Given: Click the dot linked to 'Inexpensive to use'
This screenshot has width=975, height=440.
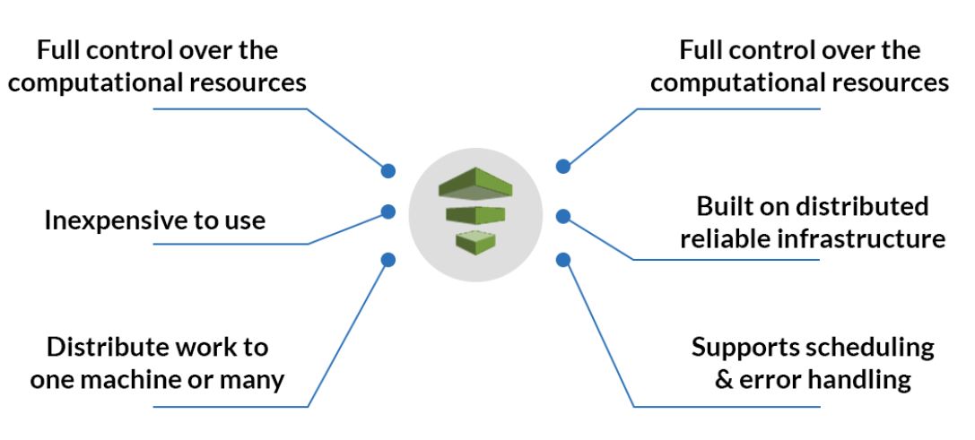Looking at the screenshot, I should [x=388, y=212].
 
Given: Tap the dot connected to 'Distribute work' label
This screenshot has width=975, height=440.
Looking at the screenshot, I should [x=388, y=260].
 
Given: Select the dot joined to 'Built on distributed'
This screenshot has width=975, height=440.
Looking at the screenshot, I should [x=563, y=216].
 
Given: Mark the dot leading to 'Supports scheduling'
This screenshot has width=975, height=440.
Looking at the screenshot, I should [x=563, y=260].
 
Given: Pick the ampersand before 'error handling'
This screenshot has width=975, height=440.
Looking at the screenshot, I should [x=724, y=378].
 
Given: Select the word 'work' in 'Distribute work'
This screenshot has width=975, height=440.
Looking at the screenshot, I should [x=205, y=347].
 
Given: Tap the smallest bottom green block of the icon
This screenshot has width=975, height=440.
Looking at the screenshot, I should [x=475, y=239].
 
